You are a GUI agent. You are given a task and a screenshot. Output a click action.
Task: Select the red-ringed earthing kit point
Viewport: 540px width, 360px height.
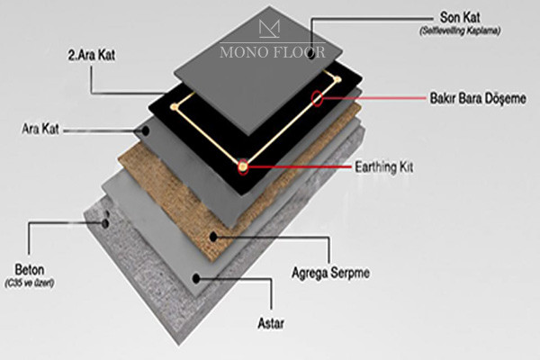[242, 166]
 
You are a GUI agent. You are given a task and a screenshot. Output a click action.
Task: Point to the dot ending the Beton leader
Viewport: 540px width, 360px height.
[106, 220]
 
